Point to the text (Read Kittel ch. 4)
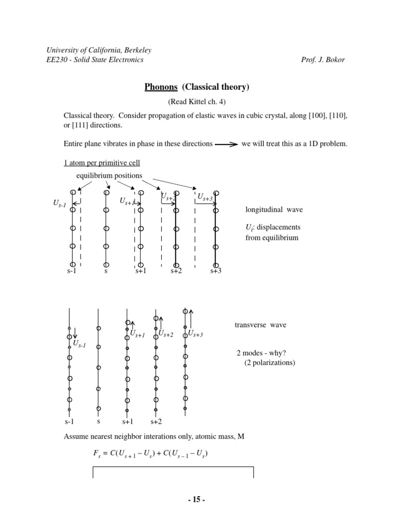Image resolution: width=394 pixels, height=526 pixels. tap(197, 102)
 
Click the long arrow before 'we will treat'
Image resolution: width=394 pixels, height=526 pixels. tap(226, 144)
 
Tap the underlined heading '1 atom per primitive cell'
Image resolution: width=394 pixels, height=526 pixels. tap(102, 163)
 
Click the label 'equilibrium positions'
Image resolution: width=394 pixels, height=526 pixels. tap(109, 176)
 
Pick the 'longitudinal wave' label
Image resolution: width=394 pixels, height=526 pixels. tap(271, 210)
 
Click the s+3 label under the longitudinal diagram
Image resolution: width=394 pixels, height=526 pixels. tap(215, 271)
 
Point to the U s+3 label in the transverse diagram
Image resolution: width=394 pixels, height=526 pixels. tap(196, 334)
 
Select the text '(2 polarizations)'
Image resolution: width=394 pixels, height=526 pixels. tap(269, 363)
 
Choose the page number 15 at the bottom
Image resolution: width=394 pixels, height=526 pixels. tap(197, 499)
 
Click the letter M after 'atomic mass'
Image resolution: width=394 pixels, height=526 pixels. tap(241, 437)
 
